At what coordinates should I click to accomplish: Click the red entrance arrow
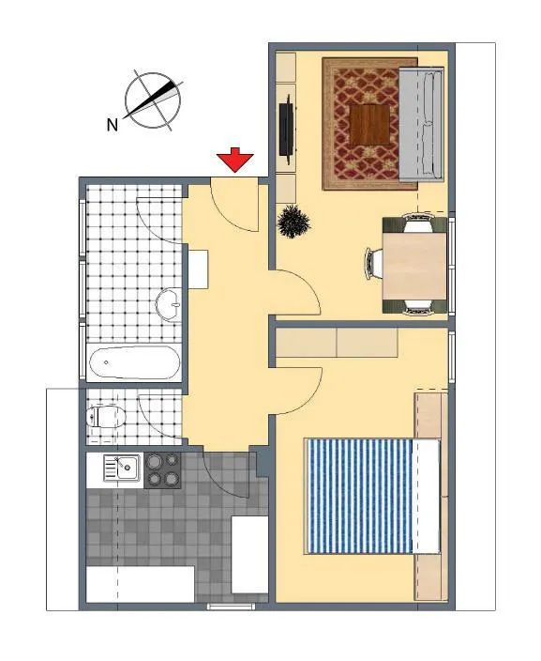[235, 160]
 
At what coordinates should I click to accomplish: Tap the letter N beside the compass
[112, 125]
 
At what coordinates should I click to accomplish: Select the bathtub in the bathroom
[134, 363]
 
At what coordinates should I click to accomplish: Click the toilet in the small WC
[106, 417]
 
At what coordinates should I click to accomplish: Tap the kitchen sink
[122, 468]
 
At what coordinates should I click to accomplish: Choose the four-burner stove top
[162, 470]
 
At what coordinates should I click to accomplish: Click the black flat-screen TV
[288, 130]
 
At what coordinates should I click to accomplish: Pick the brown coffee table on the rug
[370, 124]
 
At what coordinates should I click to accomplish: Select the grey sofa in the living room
[421, 124]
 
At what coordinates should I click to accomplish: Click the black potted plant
[293, 222]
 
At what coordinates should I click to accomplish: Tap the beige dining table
[414, 265]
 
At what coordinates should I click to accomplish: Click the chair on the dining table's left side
[373, 264]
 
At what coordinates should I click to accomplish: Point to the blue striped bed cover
[359, 496]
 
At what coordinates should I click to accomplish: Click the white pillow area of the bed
[426, 496]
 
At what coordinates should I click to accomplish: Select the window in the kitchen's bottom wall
[232, 607]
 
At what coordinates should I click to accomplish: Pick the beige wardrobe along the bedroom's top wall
[337, 343]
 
